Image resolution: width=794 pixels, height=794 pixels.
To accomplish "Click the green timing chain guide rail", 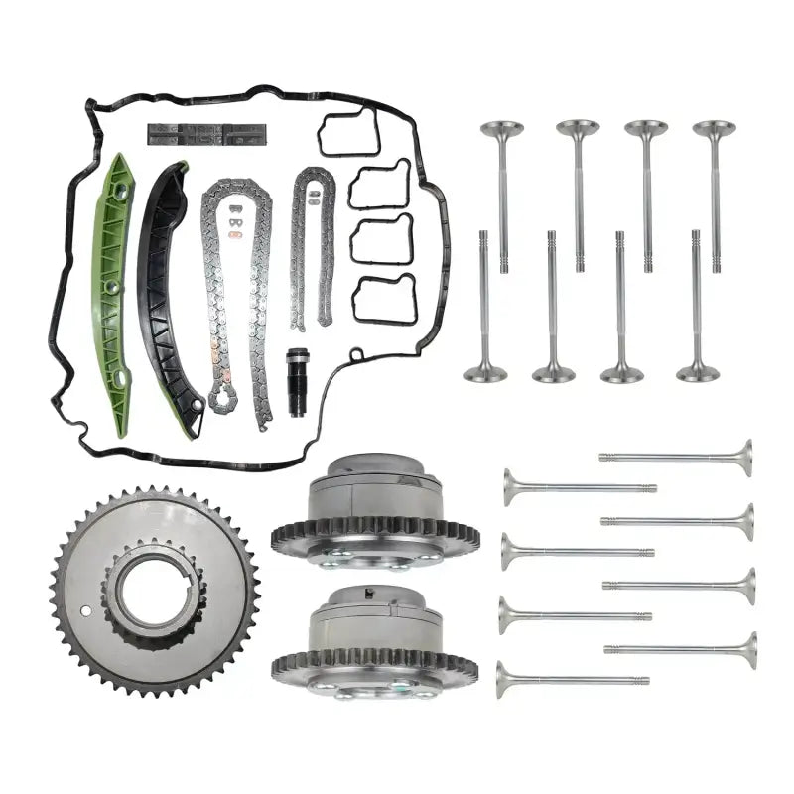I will tap(111, 298).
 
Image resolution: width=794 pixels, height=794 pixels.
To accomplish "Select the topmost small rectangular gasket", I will tap(348, 133).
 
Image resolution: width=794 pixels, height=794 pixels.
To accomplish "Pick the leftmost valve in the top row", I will tap(502, 189).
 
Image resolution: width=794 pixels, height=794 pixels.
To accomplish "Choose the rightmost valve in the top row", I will tap(714, 189).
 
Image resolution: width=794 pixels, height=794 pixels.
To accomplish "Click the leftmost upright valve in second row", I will tap(484, 318).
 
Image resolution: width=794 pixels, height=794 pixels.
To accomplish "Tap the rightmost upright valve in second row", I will tap(697, 318).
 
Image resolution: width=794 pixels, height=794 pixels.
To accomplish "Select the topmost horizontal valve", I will tap(685, 457).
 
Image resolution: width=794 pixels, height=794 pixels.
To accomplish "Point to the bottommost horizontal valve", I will tap(566, 680).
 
